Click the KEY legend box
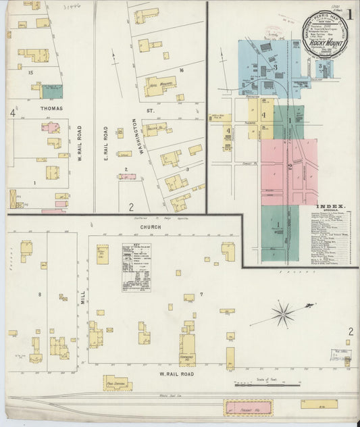136,268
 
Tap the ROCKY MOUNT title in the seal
323,44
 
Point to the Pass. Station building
118,384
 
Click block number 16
181,70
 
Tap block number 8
40,295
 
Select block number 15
30,72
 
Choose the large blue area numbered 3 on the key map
274,68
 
